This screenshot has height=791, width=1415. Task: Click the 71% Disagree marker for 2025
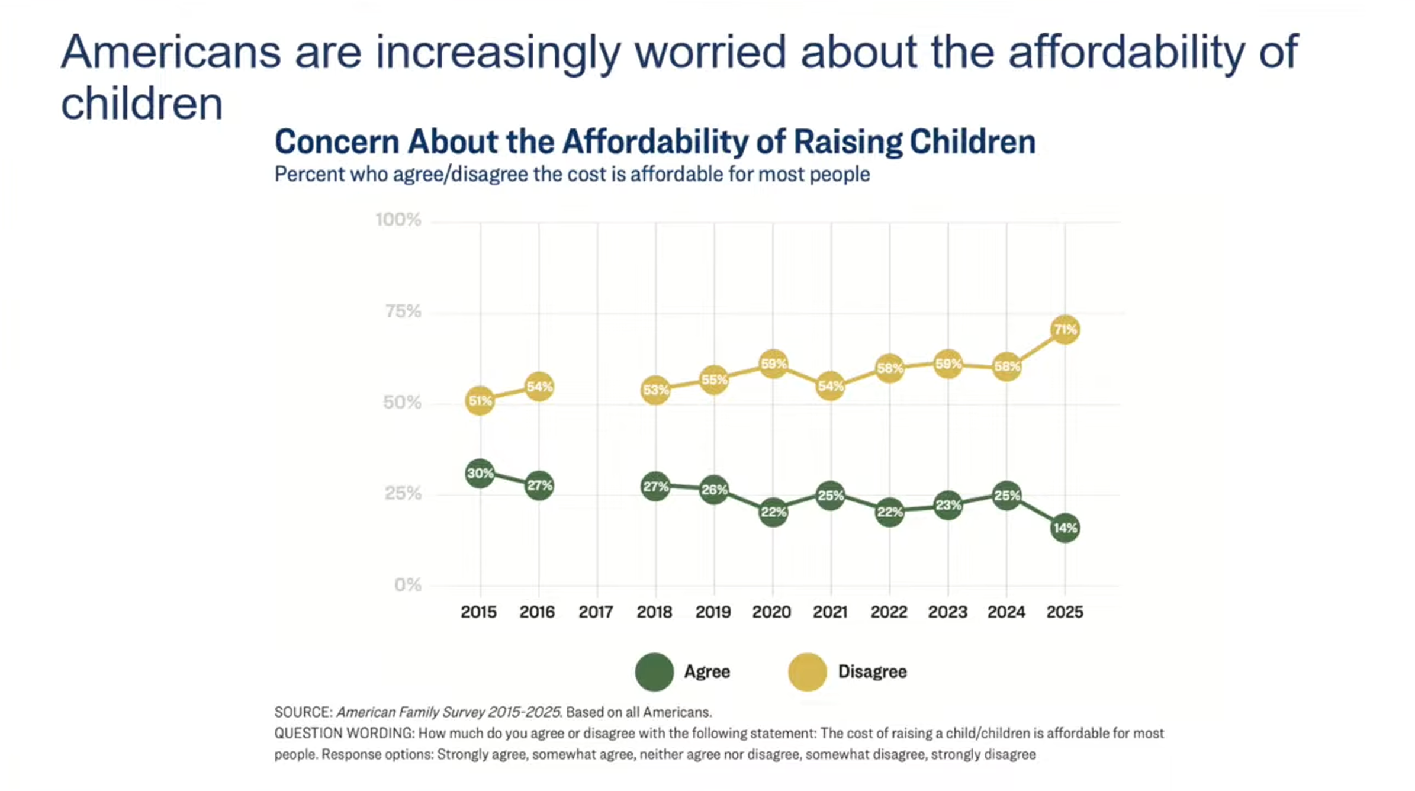tap(1065, 330)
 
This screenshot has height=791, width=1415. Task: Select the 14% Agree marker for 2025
tap(1065, 528)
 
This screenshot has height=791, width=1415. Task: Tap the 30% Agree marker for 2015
tap(480, 473)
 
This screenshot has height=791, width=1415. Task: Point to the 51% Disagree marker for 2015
tap(480, 401)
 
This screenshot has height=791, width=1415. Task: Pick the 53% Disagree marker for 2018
tap(655, 390)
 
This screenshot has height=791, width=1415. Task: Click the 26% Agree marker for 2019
tap(714, 490)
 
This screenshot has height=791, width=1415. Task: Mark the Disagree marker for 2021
tap(831, 387)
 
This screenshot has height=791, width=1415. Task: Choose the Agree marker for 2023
tap(948, 505)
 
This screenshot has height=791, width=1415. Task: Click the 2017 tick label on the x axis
tap(596, 612)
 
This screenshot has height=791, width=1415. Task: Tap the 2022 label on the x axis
tap(889, 612)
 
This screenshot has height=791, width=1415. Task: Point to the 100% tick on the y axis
tap(398, 220)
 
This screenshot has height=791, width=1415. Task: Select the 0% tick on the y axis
tap(408, 585)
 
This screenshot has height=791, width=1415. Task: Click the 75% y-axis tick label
tap(403, 311)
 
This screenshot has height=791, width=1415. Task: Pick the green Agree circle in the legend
tap(654, 672)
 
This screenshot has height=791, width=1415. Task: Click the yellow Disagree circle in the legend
tap(808, 672)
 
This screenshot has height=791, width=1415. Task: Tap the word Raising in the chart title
tap(847, 142)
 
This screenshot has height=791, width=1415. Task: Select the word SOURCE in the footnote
tap(303, 712)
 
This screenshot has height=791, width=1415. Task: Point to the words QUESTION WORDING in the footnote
tap(343, 734)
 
